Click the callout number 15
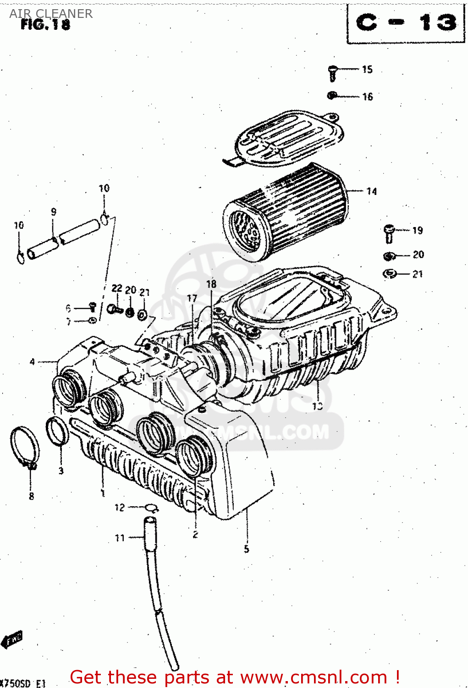tap(367, 69)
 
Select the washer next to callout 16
tap(332, 95)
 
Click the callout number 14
tap(371, 191)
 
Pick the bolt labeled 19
tap(389, 233)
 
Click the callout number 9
tap(54, 212)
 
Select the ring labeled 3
tap(57, 432)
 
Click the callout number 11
tap(120, 538)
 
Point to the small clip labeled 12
tap(151, 507)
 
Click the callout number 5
tap(247, 549)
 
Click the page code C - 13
tap(406, 22)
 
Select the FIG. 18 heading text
tap(45, 25)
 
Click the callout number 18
tap(211, 284)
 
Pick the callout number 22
tap(117, 288)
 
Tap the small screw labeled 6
tap(92, 307)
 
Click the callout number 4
tap(32, 362)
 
